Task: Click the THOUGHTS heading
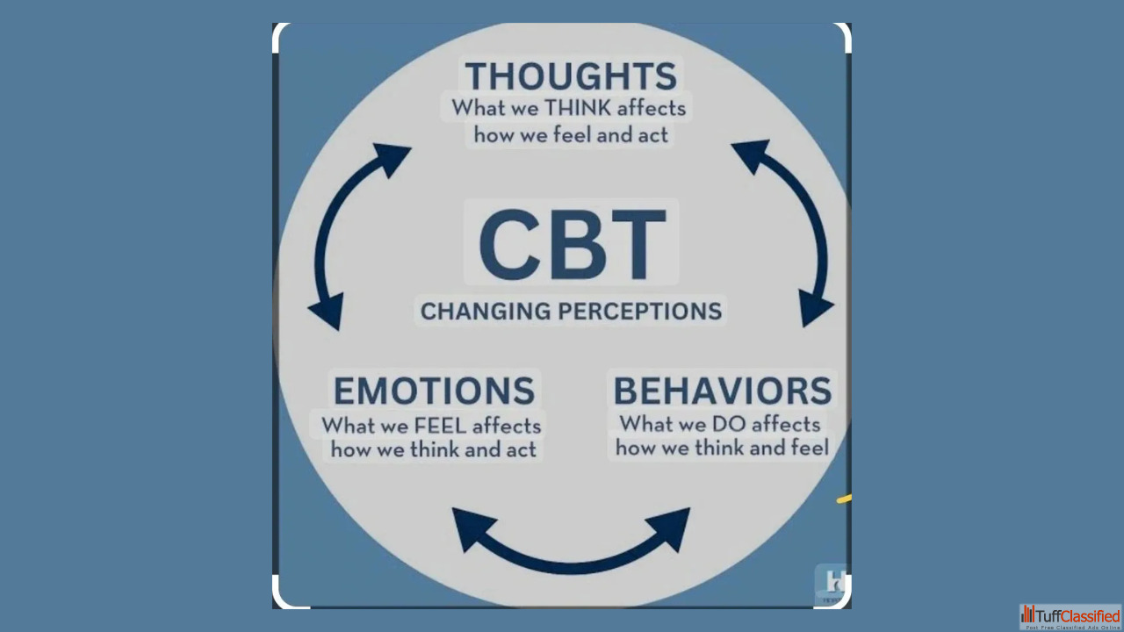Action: [x=571, y=76]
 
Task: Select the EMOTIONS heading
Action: [x=434, y=391]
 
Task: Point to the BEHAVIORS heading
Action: [x=722, y=391]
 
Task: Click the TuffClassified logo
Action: [x=1070, y=616]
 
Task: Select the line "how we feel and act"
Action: [x=571, y=135]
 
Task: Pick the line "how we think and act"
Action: [x=433, y=450]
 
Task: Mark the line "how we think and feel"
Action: [x=722, y=449]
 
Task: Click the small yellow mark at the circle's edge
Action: [x=844, y=499]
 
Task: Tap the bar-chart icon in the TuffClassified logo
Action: [x=1028, y=614]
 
